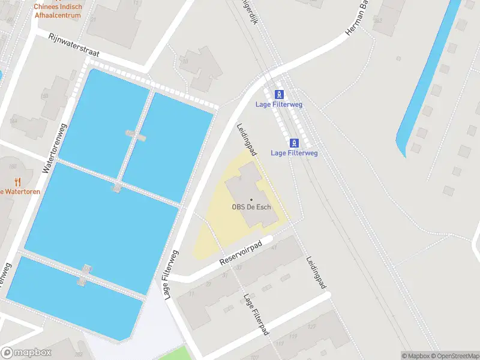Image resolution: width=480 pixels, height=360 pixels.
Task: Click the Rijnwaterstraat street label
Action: point(74,45)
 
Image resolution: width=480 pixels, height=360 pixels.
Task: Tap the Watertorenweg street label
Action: point(52,146)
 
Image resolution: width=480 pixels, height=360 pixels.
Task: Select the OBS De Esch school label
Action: point(251,208)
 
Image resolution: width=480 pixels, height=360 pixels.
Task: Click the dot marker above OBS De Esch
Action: point(251,199)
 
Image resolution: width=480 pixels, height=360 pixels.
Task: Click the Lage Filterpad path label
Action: point(256,314)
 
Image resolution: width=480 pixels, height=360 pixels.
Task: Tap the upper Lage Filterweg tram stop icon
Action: point(279,94)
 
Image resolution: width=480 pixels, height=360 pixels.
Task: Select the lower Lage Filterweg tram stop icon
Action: point(294,142)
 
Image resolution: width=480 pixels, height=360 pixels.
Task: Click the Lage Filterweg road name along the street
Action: point(171,273)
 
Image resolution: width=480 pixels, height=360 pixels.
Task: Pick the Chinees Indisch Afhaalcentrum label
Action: point(58,11)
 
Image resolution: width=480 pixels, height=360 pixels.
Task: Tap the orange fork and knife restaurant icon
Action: point(17,181)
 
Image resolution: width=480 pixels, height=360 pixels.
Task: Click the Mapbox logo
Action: point(26,353)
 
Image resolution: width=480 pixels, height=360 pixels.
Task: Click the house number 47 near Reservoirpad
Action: point(274,246)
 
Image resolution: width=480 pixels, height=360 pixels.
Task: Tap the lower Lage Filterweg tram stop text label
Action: point(294,153)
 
